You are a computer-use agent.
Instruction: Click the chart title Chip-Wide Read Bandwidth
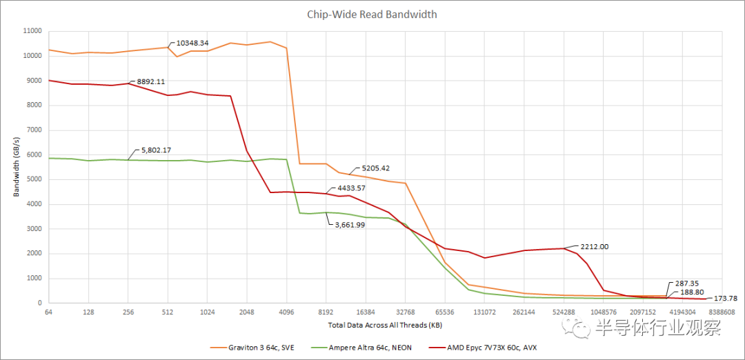[x=372, y=14]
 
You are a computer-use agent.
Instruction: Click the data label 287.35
[x=683, y=283]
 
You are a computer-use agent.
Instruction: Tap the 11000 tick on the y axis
[x=32, y=31]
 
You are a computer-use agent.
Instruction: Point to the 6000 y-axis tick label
[x=34, y=154]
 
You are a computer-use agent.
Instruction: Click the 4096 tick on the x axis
[x=286, y=312]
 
